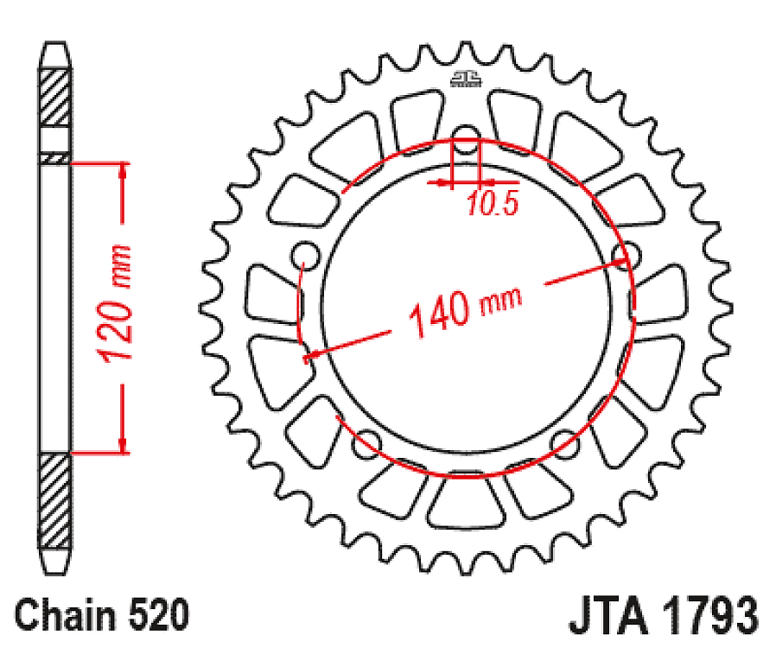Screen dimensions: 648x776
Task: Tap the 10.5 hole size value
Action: click(492, 205)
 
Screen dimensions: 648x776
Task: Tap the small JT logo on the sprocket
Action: click(466, 80)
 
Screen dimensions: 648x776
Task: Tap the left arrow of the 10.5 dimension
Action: click(446, 183)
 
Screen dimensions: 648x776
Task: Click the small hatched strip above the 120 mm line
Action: click(54, 158)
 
